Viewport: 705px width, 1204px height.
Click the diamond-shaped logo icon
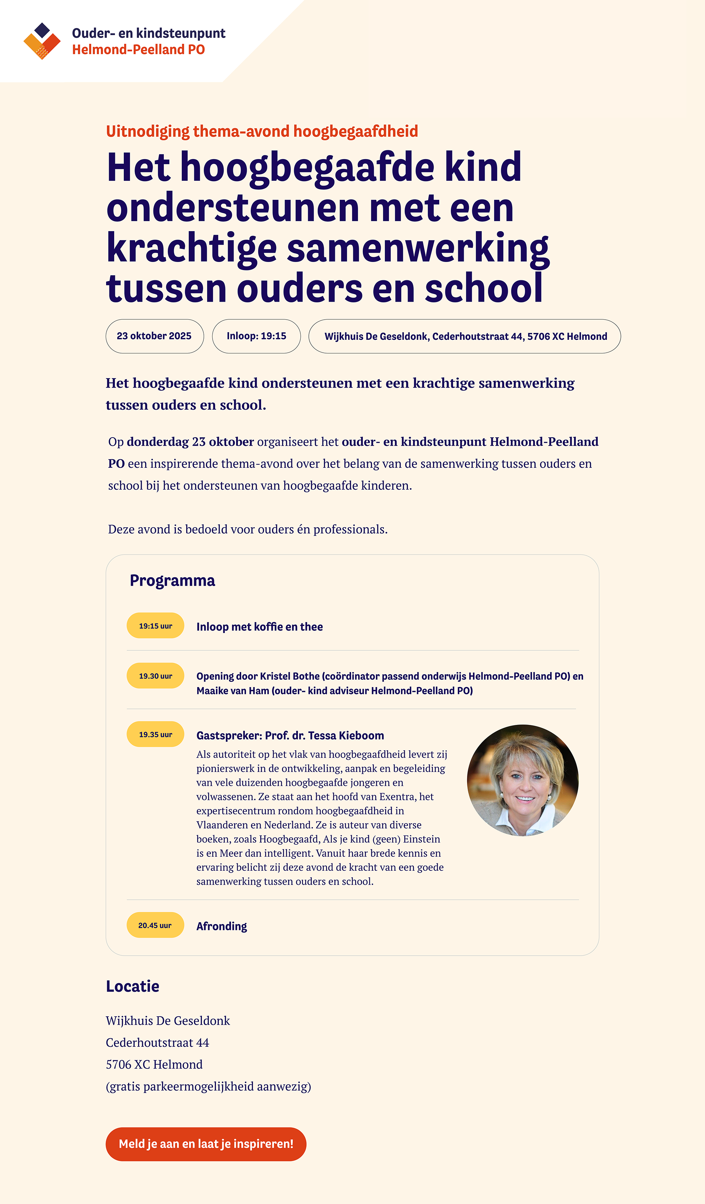(x=42, y=41)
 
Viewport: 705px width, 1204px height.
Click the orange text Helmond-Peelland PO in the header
(x=138, y=50)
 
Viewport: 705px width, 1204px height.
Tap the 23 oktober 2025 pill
(x=154, y=336)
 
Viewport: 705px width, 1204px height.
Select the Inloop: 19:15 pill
(x=257, y=336)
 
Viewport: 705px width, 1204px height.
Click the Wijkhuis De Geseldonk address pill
(x=465, y=336)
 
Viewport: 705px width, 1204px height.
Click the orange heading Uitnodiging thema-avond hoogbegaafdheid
(x=262, y=131)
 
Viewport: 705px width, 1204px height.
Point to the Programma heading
(x=173, y=580)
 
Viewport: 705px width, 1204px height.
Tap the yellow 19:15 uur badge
(x=155, y=625)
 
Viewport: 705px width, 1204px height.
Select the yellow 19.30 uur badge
(x=155, y=676)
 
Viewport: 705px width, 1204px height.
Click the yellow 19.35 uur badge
(x=155, y=734)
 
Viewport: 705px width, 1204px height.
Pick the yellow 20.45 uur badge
(x=155, y=925)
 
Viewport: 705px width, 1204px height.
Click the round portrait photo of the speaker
(x=523, y=780)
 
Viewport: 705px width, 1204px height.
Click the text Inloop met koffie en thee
(x=259, y=626)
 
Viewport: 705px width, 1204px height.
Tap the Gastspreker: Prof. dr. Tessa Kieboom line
(x=290, y=735)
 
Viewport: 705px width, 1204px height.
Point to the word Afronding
(x=222, y=926)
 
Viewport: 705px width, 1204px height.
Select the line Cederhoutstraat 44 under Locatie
(x=158, y=1042)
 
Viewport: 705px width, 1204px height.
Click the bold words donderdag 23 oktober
(x=190, y=442)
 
